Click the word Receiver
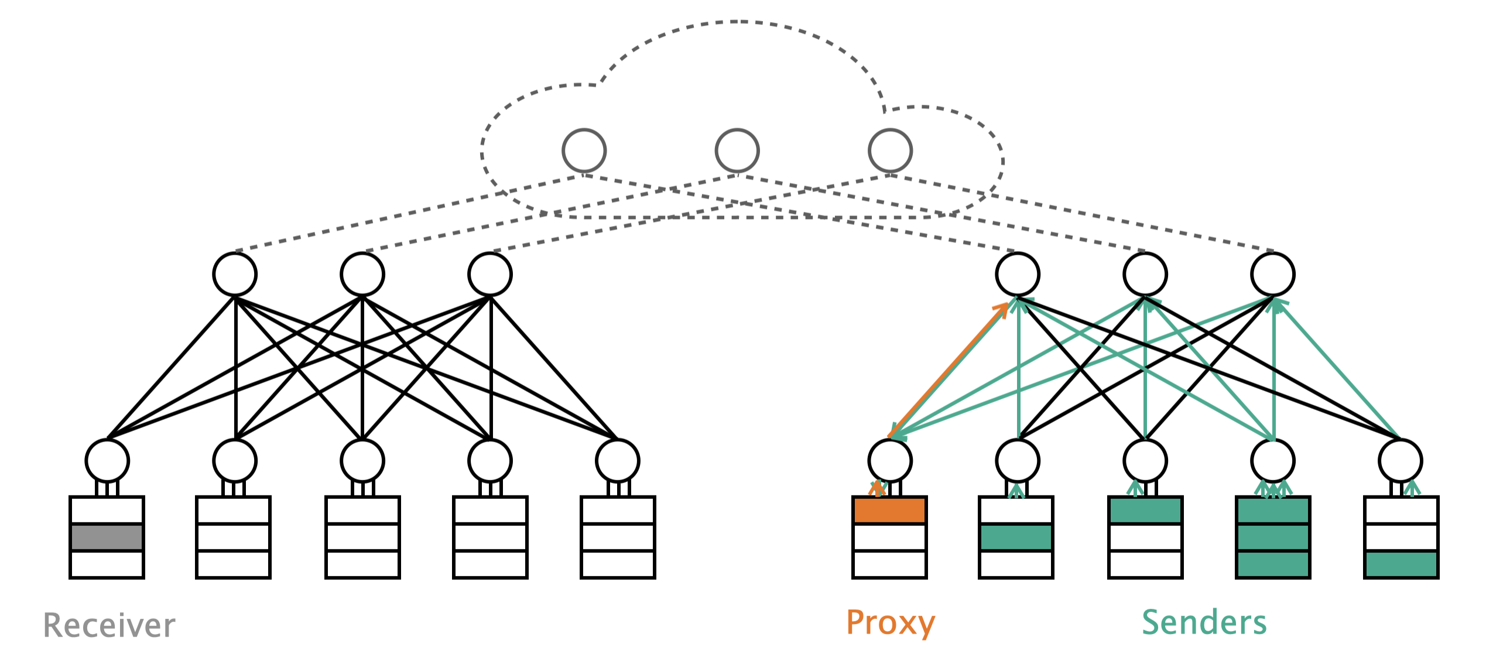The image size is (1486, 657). (109, 625)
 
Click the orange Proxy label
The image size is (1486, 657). (890, 622)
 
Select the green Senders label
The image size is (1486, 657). (1204, 622)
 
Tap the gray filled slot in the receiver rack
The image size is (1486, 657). (107, 537)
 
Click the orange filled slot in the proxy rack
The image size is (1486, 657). (889, 510)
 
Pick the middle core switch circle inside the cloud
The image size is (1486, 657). (737, 151)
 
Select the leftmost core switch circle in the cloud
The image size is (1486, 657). (584, 151)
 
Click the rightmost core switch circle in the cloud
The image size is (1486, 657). (890, 151)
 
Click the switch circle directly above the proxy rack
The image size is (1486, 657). (889, 461)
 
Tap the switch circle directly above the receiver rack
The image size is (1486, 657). (107, 461)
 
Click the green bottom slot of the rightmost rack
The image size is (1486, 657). (1401, 564)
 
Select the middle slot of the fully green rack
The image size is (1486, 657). (1273, 537)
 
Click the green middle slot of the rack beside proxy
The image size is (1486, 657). (1016, 537)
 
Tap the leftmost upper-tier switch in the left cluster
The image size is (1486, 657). (235, 274)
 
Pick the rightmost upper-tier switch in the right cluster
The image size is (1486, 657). (1273, 274)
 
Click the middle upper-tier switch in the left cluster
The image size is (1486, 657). (362, 274)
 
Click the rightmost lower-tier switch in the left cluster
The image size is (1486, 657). (618, 461)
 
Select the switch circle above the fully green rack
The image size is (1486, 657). (1273, 461)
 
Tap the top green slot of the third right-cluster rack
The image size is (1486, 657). (1145, 510)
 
